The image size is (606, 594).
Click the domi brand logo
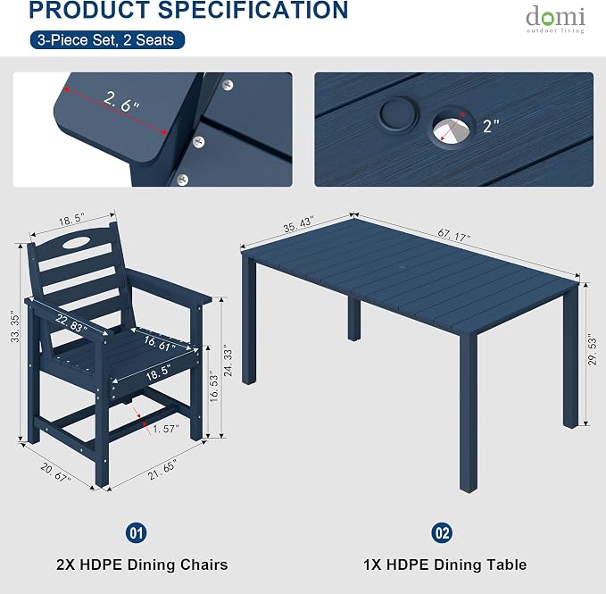555,20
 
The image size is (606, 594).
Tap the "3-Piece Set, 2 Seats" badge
107,40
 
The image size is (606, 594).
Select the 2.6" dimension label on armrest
121,102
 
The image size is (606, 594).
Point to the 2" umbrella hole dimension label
491,126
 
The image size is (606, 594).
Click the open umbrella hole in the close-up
451,130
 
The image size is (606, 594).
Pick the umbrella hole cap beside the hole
399,113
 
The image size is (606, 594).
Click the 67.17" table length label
454,235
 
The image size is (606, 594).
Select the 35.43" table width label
298,225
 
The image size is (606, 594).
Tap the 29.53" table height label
592,351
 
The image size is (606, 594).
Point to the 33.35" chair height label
14,328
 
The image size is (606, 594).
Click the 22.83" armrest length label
71,323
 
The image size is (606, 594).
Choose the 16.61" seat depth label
160,344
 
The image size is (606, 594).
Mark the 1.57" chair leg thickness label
166,429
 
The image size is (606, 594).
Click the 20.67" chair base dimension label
55,473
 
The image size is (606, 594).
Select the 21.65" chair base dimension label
162,470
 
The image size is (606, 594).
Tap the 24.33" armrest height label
228,363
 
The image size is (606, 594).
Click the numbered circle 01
136,533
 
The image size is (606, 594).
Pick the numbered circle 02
442,533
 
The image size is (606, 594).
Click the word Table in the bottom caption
507,565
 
